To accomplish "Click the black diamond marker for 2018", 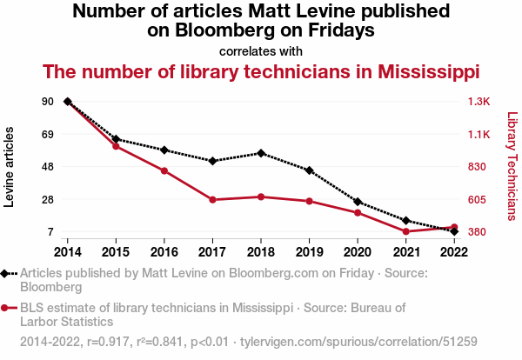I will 261,153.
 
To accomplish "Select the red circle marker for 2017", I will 212,200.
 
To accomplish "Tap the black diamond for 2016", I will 164,150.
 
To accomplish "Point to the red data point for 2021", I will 405,231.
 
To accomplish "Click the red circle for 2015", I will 116,146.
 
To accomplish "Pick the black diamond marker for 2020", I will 358,202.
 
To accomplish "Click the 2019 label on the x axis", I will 309,252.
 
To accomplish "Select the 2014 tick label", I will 68,252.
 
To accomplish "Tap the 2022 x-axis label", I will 453,252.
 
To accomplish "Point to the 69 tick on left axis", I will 47,135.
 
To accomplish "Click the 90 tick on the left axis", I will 47,102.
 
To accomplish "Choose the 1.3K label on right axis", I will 479,102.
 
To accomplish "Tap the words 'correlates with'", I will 261,50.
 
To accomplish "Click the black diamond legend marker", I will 6,273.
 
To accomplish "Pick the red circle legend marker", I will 6,307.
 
